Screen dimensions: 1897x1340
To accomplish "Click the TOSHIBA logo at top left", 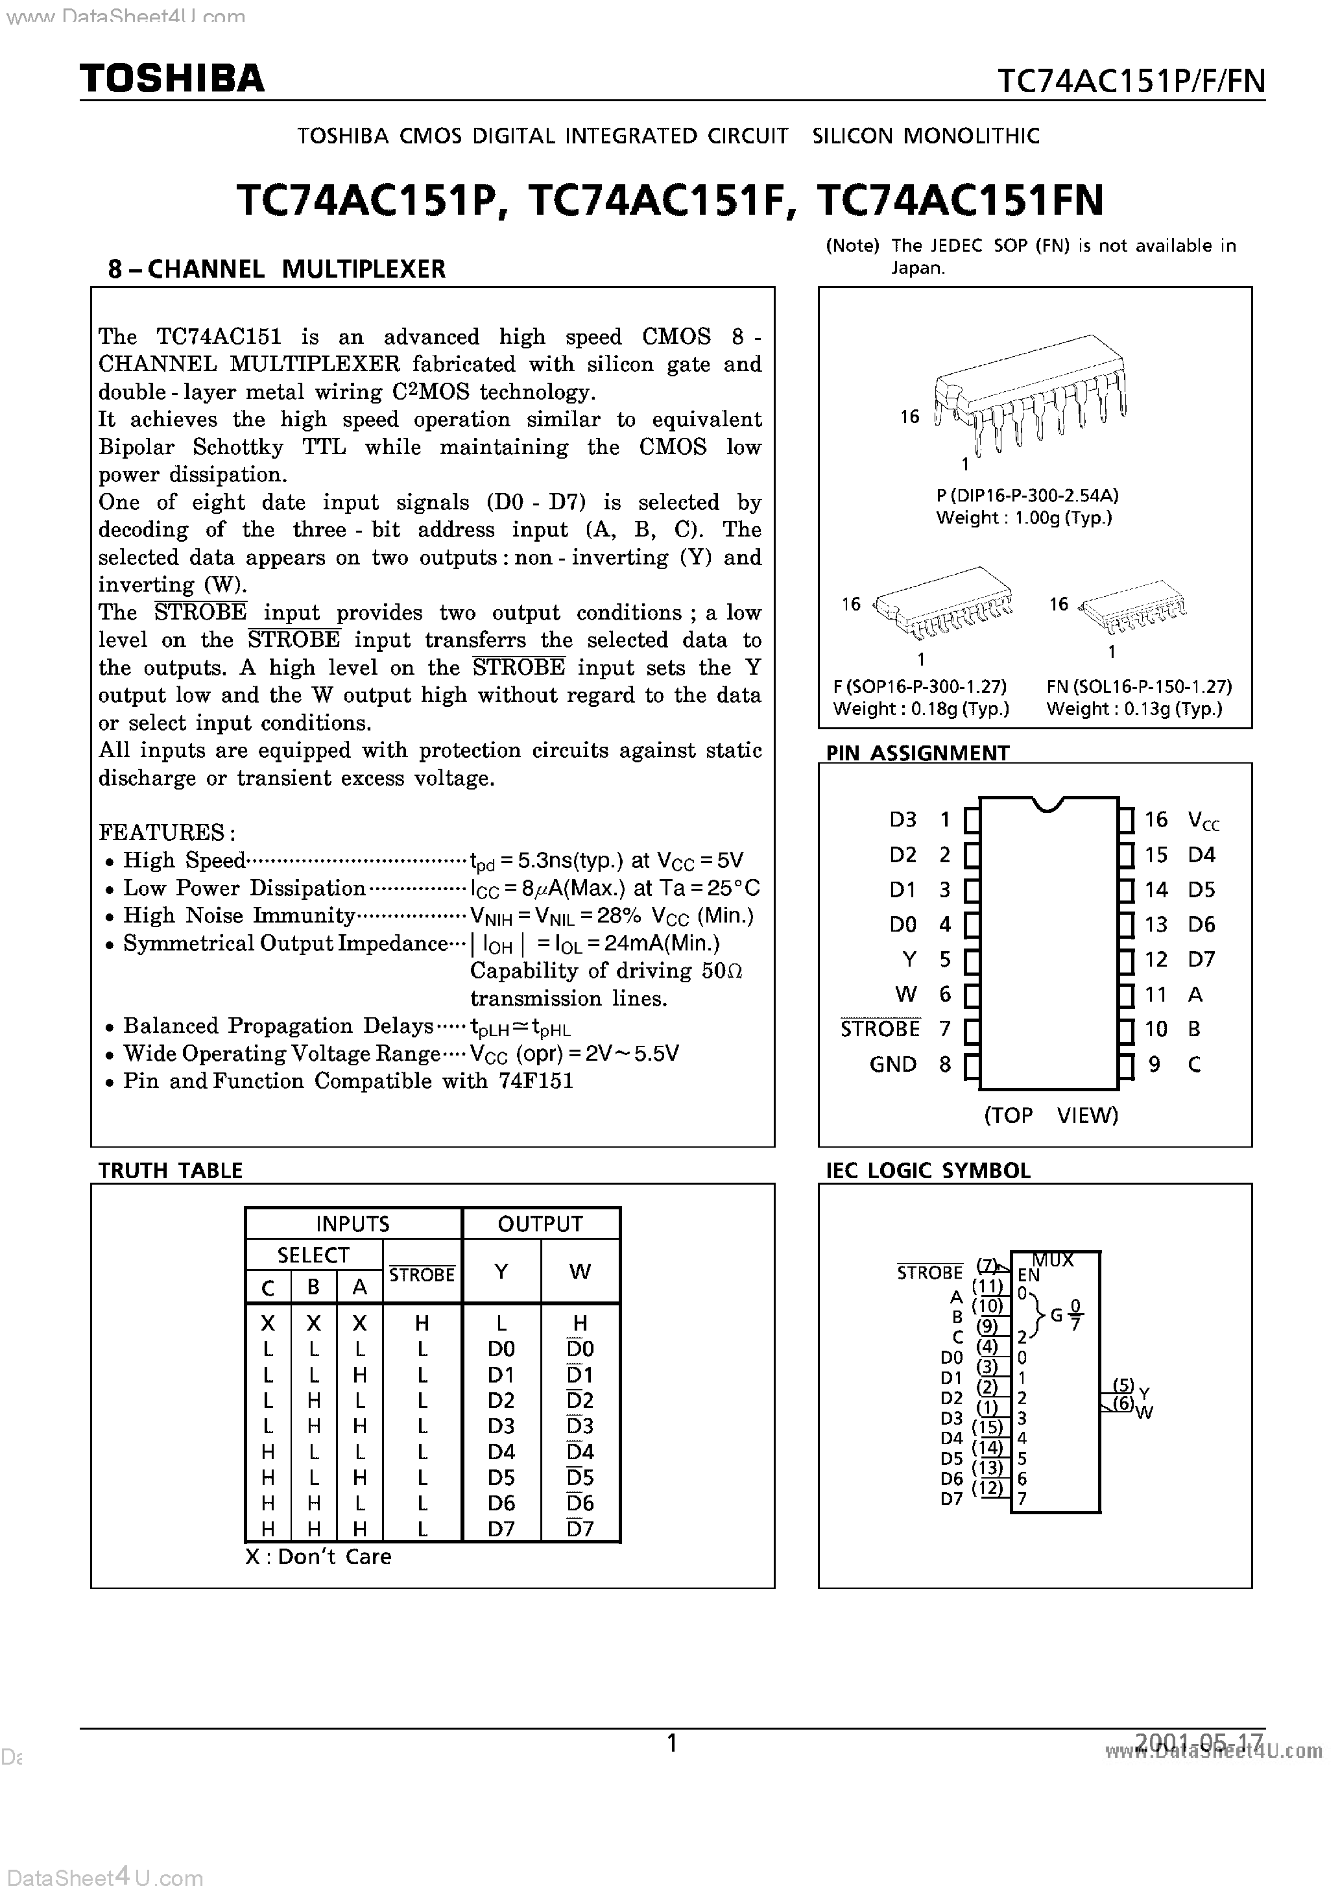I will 172,79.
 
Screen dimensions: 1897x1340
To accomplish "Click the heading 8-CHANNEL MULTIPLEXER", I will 277,269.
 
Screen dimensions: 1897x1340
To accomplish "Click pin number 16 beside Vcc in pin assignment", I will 1156,819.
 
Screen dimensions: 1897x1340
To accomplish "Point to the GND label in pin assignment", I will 892,1064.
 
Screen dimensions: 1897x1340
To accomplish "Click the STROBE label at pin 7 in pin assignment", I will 880,1030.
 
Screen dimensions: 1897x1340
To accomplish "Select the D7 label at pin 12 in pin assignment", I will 1201,960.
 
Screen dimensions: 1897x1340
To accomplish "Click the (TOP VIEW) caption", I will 1050,1115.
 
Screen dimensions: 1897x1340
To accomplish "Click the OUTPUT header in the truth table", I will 540,1224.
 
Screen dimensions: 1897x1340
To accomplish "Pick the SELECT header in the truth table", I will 313,1255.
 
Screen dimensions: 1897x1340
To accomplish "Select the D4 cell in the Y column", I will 501,1452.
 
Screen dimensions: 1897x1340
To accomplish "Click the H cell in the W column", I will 580,1322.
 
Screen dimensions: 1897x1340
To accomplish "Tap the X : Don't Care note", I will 318,1556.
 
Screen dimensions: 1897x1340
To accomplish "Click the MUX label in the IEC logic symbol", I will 1053,1261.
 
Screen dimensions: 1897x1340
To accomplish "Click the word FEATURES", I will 161,832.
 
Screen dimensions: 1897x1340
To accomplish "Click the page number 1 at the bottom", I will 672,1743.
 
